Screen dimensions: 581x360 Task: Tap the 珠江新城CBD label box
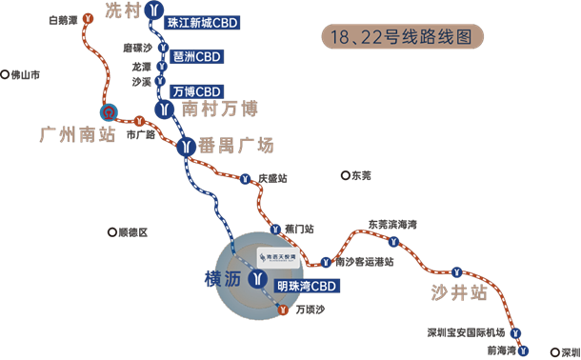tap(201, 21)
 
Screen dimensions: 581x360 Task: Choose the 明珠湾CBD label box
tap(306, 284)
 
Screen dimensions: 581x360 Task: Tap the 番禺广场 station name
tap(236, 146)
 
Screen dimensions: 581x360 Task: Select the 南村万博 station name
tap(219, 110)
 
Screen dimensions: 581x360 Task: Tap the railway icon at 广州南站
tap(110, 111)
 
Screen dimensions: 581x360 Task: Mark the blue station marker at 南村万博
tap(168, 109)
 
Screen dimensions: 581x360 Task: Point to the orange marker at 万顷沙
tap(283, 309)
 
